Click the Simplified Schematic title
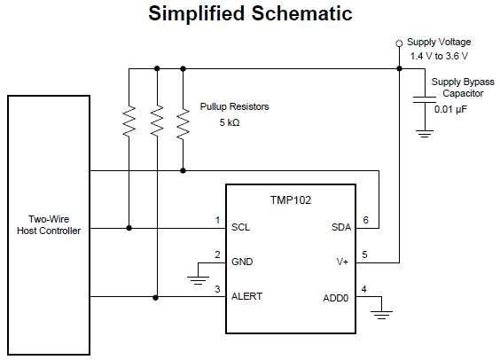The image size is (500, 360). coord(250,14)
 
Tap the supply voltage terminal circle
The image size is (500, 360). coord(399,43)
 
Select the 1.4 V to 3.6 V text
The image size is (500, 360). coord(439,57)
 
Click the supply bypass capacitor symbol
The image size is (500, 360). coord(425,99)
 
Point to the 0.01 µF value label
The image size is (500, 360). coord(450,109)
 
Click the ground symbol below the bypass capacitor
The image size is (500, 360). coord(425,134)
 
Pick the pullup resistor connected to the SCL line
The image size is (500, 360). coord(129,121)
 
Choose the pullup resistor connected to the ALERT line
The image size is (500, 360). coord(157,121)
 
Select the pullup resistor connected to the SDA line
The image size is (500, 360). coord(183,123)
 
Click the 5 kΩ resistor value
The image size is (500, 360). coord(230,122)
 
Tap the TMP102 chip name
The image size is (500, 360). coord(291,200)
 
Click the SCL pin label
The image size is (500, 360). coord(241,227)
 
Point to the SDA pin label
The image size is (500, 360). coord(341,227)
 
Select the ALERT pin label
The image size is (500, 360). coord(246,296)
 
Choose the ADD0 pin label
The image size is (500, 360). coord(335,298)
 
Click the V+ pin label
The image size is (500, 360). coord(342,262)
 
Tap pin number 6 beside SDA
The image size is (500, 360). coord(365,220)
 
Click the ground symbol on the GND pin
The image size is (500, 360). coord(198,280)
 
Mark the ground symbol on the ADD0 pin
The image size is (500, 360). coord(381,315)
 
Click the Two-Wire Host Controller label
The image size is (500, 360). coord(49,225)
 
